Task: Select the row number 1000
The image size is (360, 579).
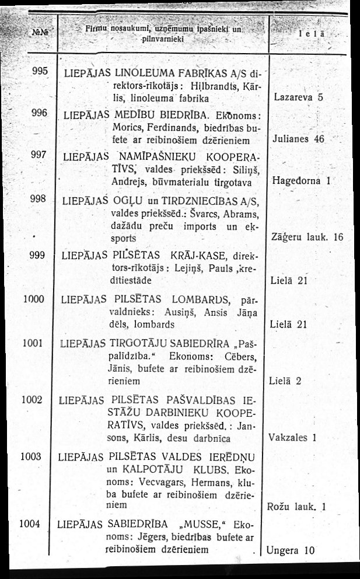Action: coord(33,299)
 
